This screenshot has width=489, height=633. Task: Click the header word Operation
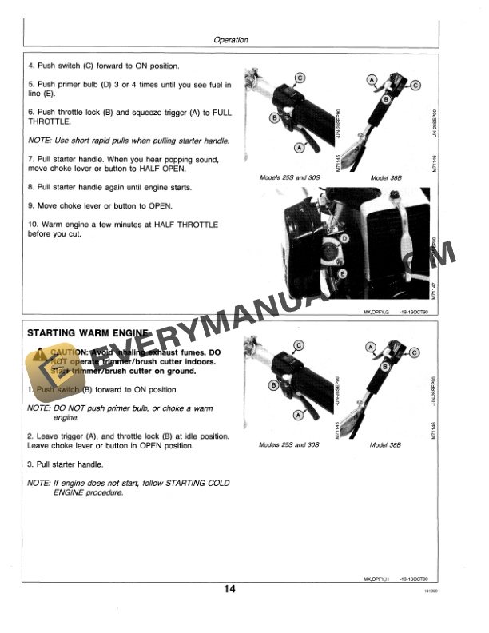click(231, 39)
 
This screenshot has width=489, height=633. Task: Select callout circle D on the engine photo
click(344, 239)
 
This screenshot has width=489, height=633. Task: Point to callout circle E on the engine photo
click(342, 273)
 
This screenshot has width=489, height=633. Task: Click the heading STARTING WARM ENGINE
click(89, 332)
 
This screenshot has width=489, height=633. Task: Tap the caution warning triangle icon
click(39, 352)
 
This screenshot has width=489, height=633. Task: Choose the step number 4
click(30, 66)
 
